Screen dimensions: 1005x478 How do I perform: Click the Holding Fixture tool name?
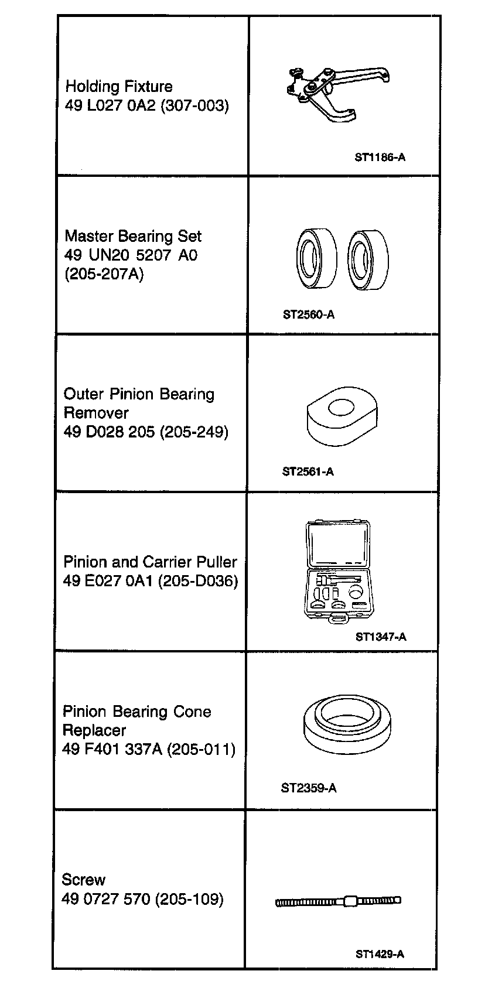(x=119, y=87)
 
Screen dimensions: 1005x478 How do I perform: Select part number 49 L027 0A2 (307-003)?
(x=146, y=106)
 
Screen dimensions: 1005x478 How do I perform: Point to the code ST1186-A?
(x=380, y=157)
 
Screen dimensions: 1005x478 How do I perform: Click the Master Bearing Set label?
(x=133, y=237)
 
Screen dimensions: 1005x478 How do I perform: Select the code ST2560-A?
(x=309, y=315)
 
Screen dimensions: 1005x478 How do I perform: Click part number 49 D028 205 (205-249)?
(x=146, y=432)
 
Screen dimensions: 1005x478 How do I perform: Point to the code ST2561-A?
(x=308, y=471)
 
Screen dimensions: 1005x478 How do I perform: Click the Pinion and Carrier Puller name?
(x=150, y=562)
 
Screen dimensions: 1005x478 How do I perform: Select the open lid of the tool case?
(x=338, y=545)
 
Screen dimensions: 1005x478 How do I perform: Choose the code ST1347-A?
(x=381, y=637)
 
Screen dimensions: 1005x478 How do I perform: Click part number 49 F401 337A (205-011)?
(x=149, y=750)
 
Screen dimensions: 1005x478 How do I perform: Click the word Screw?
(x=84, y=880)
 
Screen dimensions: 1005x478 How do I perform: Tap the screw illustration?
(x=339, y=901)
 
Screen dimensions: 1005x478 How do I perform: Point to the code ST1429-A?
(x=380, y=953)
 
